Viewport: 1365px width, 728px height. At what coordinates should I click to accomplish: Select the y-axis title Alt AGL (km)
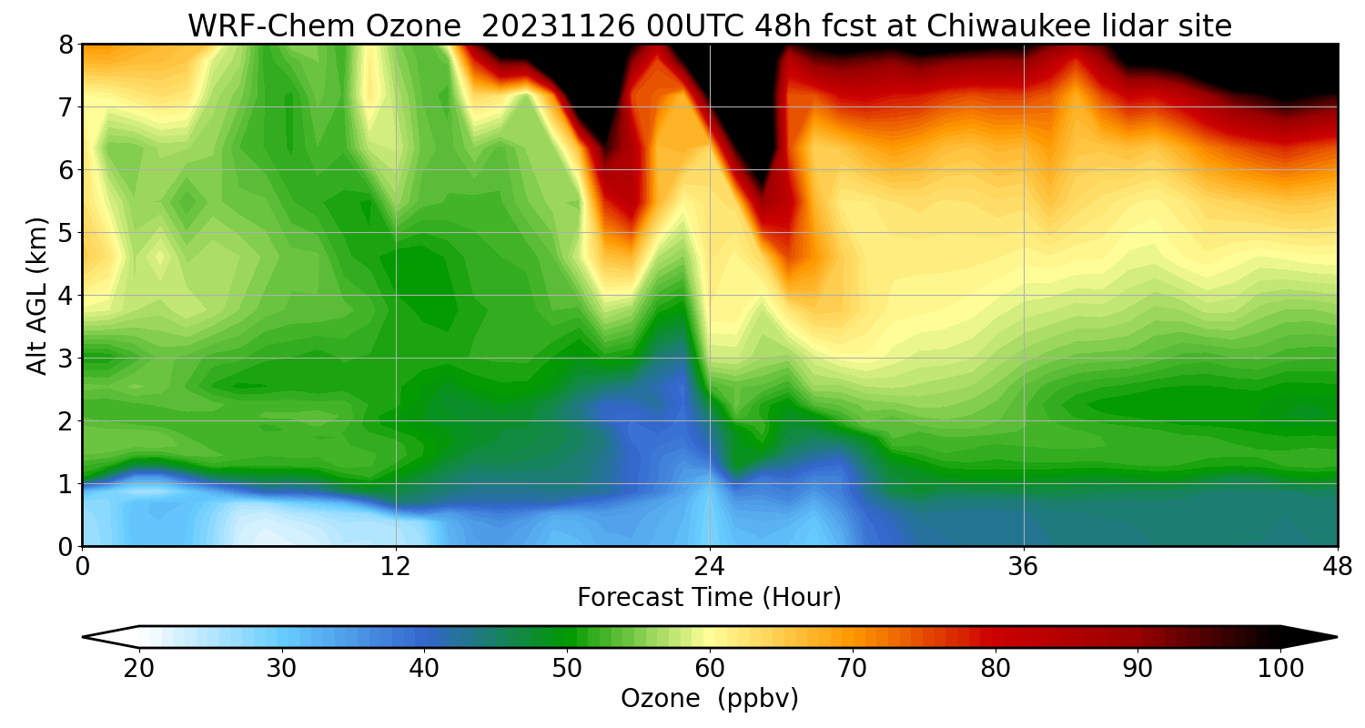pos(37,295)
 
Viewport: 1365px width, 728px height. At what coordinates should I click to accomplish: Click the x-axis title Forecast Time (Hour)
pos(709,598)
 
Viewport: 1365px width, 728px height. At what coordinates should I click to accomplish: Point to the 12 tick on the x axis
pos(396,567)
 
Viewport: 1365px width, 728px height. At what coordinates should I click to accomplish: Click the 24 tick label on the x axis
pos(710,567)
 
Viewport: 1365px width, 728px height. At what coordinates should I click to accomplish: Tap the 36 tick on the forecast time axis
pos(1024,567)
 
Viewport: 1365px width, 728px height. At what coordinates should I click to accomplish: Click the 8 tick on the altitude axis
pos(66,45)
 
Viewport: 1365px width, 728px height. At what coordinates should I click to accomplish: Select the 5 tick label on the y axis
pos(66,233)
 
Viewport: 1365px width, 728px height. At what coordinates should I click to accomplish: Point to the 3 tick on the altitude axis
pos(66,359)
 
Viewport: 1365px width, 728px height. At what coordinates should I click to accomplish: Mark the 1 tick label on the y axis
pos(66,484)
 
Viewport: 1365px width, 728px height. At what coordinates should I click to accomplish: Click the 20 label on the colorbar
pos(139,669)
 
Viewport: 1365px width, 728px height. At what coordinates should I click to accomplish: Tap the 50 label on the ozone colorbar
pos(567,669)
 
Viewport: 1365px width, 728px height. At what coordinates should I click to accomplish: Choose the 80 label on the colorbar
pos(996,669)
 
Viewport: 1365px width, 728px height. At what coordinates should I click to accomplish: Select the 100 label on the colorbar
pos(1280,669)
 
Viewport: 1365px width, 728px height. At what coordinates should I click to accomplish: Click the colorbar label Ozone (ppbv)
pos(709,699)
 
